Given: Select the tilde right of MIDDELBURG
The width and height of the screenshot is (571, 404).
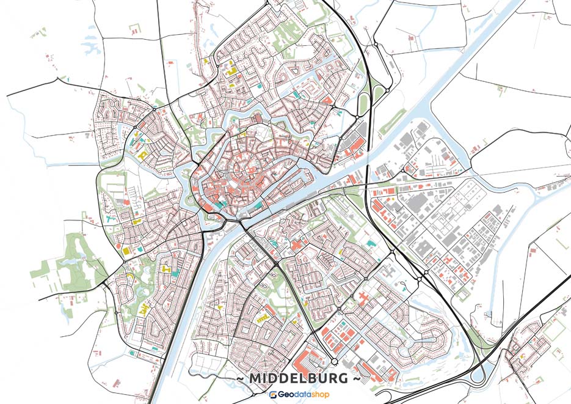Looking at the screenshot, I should [356, 379].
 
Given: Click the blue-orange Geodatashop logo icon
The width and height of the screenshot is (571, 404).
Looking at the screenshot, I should [273, 395].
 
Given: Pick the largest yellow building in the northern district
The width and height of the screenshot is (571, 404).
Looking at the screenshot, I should [231, 71].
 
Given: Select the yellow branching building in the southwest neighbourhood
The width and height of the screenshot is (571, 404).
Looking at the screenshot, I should [144, 308].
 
